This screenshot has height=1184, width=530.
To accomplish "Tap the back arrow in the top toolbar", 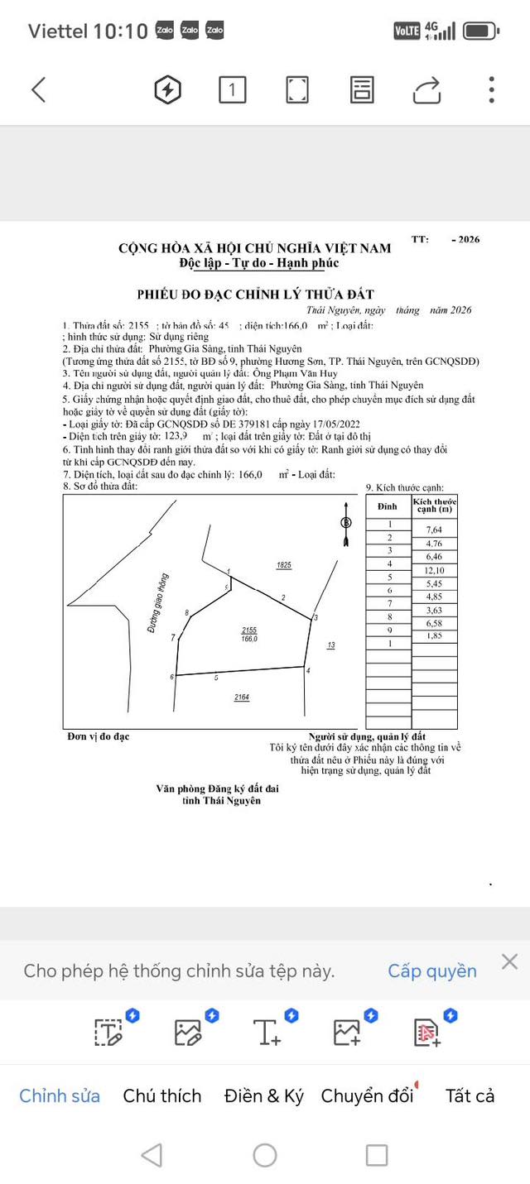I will [38, 89].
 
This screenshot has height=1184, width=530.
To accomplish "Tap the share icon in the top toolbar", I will [426, 89].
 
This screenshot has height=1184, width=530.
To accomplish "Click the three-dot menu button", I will [492, 89].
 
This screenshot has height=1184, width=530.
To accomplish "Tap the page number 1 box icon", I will [233, 89].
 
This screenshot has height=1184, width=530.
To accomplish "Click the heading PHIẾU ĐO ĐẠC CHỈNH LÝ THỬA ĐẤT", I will [255, 295].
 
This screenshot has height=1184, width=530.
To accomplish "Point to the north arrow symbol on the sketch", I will [346, 523].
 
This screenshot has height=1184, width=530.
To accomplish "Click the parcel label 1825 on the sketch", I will [284, 565].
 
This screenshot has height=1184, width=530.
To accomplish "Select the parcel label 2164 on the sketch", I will [242, 697].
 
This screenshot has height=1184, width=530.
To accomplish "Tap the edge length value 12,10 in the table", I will [435, 571].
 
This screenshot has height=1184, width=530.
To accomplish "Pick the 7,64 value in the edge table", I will [435, 530].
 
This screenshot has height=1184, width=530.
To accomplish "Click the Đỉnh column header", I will [388, 506].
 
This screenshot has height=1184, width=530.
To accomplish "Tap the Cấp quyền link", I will [432, 971].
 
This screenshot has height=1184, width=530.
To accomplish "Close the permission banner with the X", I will [509, 961].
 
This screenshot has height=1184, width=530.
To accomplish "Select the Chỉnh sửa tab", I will [60, 1095].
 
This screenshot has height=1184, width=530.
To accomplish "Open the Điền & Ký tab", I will [264, 1095].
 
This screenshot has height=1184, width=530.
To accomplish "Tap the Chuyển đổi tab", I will [367, 1095].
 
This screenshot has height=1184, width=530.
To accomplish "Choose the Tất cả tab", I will [470, 1095].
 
